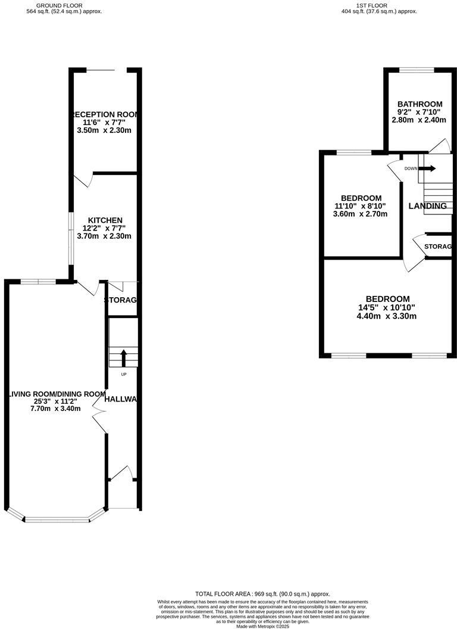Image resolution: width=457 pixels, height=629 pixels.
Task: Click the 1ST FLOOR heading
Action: pyautogui.click(x=371, y=5)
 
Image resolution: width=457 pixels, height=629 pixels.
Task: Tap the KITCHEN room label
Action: pyautogui.click(x=105, y=220)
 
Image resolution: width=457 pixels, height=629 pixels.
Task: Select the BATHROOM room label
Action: pyautogui.click(x=420, y=104)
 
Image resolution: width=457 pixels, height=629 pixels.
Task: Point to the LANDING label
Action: pyautogui.click(x=427, y=206)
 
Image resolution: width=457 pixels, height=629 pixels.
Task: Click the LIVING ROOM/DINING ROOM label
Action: pyautogui.click(x=57, y=394)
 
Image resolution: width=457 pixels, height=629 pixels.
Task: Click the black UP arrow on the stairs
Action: pyautogui.click(x=124, y=357)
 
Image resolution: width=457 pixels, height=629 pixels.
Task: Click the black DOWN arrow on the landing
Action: pyautogui.click(x=428, y=169)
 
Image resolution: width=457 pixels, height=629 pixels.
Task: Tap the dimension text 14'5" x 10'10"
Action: pyautogui.click(x=387, y=307)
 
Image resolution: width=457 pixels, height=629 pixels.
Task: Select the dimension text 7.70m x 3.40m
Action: pyautogui.click(x=57, y=409)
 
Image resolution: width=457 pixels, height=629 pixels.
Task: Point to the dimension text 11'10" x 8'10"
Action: pyautogui.click(x=361, y=206)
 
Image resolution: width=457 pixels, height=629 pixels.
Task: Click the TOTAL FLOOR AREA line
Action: pyautogui.click(x=262, y=594)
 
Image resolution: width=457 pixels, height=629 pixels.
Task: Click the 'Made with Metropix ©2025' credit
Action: pyautogui.click(x=262, y=626)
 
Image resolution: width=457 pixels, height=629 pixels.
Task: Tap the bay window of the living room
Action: pyautogui.click(x=57, y=519)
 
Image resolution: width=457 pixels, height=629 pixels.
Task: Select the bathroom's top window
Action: pyautogui.click(x=416, y=70)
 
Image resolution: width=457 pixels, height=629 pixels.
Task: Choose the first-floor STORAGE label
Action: pyautogui.click(x=437, y=247)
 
